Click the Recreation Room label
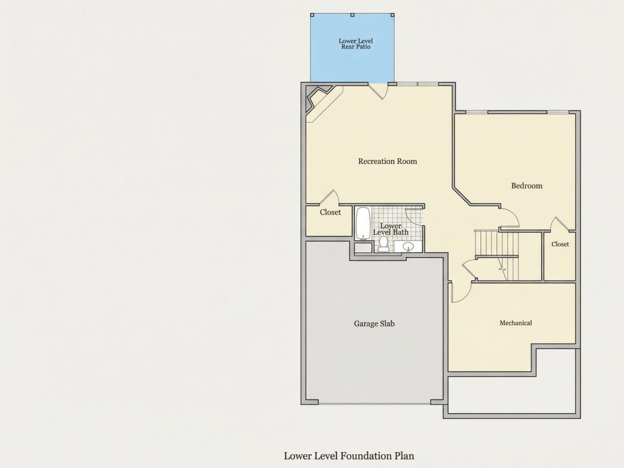[387, 161]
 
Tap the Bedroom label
[526, 186]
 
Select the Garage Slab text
[374, 323]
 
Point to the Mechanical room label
[516, 323]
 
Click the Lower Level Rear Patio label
[356, 44]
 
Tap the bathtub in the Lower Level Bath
[363, 224]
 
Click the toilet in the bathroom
[383, 244]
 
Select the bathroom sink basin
[408, 247]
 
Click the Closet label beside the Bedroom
[560, 244]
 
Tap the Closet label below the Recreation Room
[330, 212]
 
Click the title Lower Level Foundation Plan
[349, 456]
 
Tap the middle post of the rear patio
[352, 15]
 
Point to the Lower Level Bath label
[390, 229]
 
